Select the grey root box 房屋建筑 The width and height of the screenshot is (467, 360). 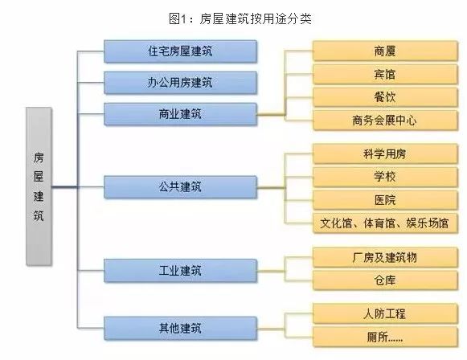tap(39, 186)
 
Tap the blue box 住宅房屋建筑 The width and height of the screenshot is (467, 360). tap(180, 51)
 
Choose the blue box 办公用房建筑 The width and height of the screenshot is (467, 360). tap(180, 83)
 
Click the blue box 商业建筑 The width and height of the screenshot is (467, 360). tap(180, 114)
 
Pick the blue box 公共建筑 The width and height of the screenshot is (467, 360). tap(180, 187)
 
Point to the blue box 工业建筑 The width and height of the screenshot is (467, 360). tap(180, 271)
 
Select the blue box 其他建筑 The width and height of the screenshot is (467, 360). tap(180, 328)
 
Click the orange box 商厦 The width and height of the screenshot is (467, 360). tap(385, 51)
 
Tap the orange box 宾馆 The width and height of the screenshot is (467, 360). tap(385, 74)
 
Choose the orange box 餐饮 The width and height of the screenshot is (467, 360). tap(385, 97)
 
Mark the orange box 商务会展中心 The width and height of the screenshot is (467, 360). tap(385, 121)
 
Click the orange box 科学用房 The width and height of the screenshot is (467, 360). tap(385, 154)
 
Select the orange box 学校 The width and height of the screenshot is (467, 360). tap(385, 177)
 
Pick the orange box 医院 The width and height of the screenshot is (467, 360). tap(385, 200)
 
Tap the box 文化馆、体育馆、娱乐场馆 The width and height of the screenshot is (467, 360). tap(385, 223)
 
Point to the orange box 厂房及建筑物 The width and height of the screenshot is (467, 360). tap(385, 257)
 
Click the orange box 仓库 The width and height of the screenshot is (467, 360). tap(385, 280)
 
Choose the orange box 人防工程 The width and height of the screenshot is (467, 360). tap(385, 313)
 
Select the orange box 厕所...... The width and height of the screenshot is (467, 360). tap(385, 337)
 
